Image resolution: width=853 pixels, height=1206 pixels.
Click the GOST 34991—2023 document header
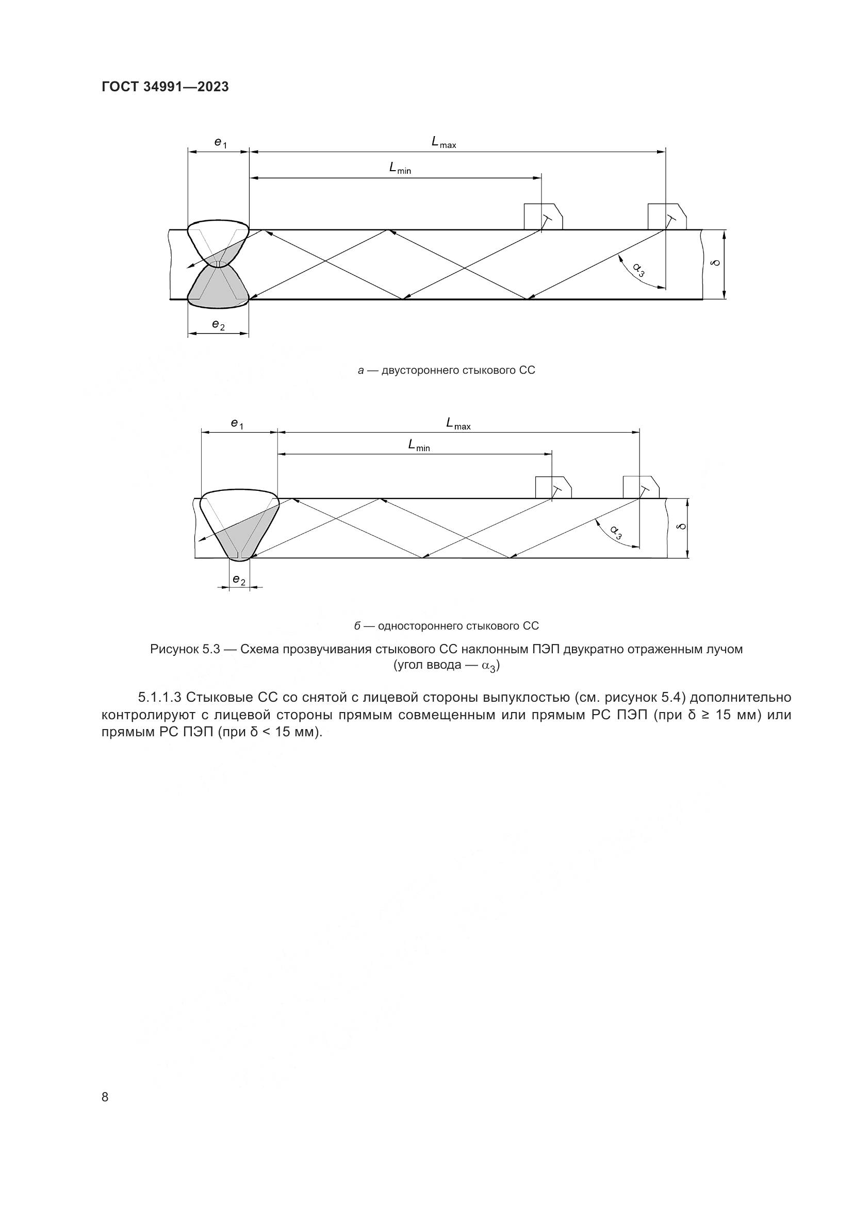click(x=165, y=87)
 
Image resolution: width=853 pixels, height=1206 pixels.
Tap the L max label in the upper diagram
click(x=444, y=142)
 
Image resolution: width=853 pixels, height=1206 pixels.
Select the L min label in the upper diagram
click(x=400, y=168)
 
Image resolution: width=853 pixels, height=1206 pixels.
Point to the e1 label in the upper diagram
click(x=220, y=142)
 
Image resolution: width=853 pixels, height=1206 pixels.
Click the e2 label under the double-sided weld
click(x=218, y=325)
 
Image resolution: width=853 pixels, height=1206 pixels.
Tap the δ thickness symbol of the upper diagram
click(x=714, y=262)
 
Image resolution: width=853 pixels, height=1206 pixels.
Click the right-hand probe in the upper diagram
click(x=666, y=217)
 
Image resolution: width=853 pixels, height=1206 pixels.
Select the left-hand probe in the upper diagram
click(x=543, y=217)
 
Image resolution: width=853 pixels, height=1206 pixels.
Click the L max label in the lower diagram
click(x=458, y=423)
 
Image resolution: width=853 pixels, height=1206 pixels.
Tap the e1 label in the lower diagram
click(x=237, y=423)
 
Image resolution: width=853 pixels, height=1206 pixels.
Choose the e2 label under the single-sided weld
click(x=238, y=580)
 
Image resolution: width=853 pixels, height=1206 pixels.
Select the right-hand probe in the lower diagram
click(x=641, y=487)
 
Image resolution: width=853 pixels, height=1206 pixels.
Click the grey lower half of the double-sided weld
click(x=219, y=288)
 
